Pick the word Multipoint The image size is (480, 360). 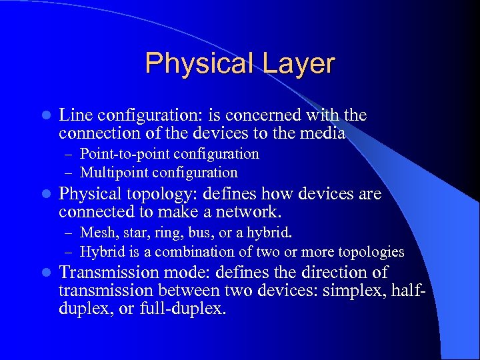[x=114, y=173]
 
